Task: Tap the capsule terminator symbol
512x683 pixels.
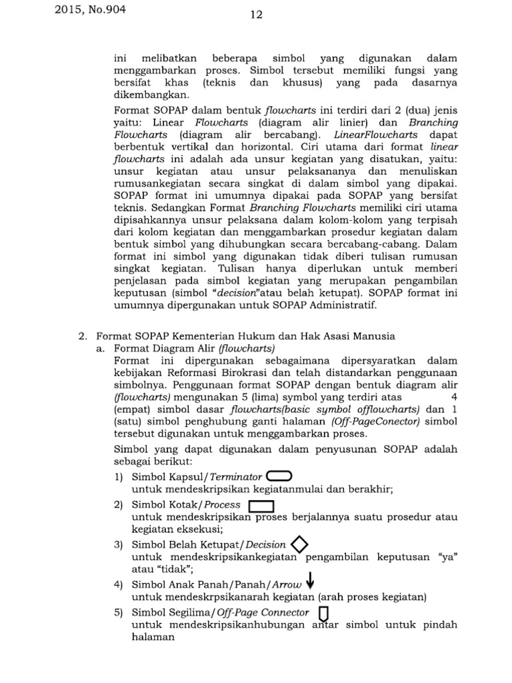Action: pos(279,476)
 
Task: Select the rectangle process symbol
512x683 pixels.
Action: pos(261,506)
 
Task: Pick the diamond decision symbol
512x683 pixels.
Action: pos(300,545)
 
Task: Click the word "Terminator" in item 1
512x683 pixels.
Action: pos(236,478)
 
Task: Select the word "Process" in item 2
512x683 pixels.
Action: pos(222,506)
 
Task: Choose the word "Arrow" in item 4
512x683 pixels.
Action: pos(288,585)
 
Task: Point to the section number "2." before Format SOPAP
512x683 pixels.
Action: pos(84,336)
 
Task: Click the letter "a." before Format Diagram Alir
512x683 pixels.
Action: pos(102,348)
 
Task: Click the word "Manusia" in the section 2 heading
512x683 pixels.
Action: pos(372,336)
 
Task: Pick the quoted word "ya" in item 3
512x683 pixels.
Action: pos(448,557)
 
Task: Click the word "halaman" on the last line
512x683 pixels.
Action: pos(153,637)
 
